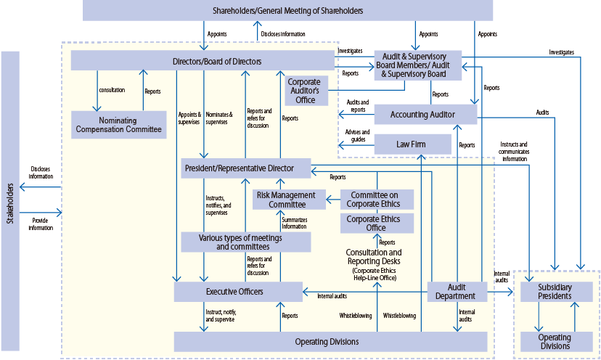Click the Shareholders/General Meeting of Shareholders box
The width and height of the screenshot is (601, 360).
[x=287, y=10]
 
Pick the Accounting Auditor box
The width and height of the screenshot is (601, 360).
[x=425, y=115]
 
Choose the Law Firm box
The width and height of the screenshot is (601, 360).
[x=412, y=144]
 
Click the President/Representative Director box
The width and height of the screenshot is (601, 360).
[x=246, y=168]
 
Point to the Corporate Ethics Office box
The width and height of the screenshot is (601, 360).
[x=377, y=223]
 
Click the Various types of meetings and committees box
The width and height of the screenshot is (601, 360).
[x=245, y=242]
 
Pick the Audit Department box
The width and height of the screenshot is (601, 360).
[x=456, y=292]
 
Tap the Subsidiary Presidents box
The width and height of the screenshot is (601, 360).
[x=556, y=292]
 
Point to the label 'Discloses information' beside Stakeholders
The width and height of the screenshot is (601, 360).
[x=41, y=172]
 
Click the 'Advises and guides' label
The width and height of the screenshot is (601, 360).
[x=356, y=136]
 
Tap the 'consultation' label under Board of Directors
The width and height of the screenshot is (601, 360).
[x=112, y=90]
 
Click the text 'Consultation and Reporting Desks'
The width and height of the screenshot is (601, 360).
[x=374, y=256]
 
